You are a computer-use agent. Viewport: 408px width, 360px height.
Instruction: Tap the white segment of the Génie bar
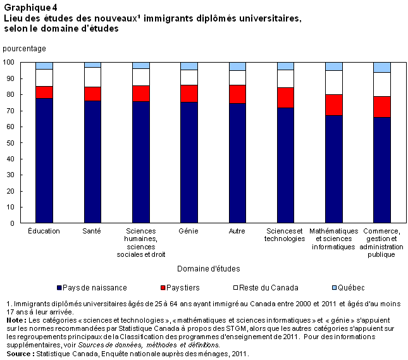click(189, 77)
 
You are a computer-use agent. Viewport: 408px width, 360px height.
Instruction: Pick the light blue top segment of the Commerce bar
click(381, 67)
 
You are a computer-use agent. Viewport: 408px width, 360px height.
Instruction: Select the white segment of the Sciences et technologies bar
click(285, 78)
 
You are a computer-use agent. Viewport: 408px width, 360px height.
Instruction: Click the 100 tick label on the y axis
click(9, 62)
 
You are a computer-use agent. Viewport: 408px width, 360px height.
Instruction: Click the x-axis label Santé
click(92, 231)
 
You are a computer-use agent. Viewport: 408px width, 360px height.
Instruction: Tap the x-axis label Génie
click(189, 231)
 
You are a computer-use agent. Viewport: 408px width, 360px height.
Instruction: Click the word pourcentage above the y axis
click(24, 48)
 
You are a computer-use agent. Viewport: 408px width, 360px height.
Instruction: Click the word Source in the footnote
click(18, 353)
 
